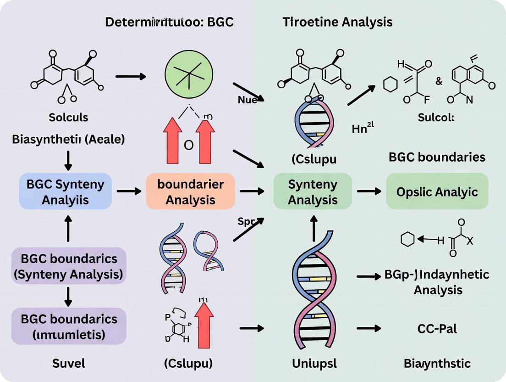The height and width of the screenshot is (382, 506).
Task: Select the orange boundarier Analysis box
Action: click(x=190, y=191)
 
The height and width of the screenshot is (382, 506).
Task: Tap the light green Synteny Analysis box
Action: click(x=313, y=191)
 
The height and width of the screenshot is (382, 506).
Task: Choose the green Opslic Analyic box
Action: click(x=437, y=191)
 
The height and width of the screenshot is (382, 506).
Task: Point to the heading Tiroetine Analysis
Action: click(x=337, y=22)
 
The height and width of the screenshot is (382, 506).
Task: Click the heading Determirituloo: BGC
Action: click(x=170, y=22)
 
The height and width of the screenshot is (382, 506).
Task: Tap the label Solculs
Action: click(x=67, y=117)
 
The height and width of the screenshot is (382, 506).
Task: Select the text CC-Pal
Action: click(x=437, y=328)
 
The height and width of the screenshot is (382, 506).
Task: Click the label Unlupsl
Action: click(x=314, y=364)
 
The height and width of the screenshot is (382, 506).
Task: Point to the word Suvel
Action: click(x=67, y=364)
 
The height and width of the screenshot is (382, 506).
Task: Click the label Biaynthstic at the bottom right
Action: click(x=437, y=364)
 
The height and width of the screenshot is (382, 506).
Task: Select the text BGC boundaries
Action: click(x=437, y=157)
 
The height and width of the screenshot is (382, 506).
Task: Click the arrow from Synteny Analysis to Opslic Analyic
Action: click(x=369, y=191)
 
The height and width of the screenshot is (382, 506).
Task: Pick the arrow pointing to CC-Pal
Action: click(x=369, y=328)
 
